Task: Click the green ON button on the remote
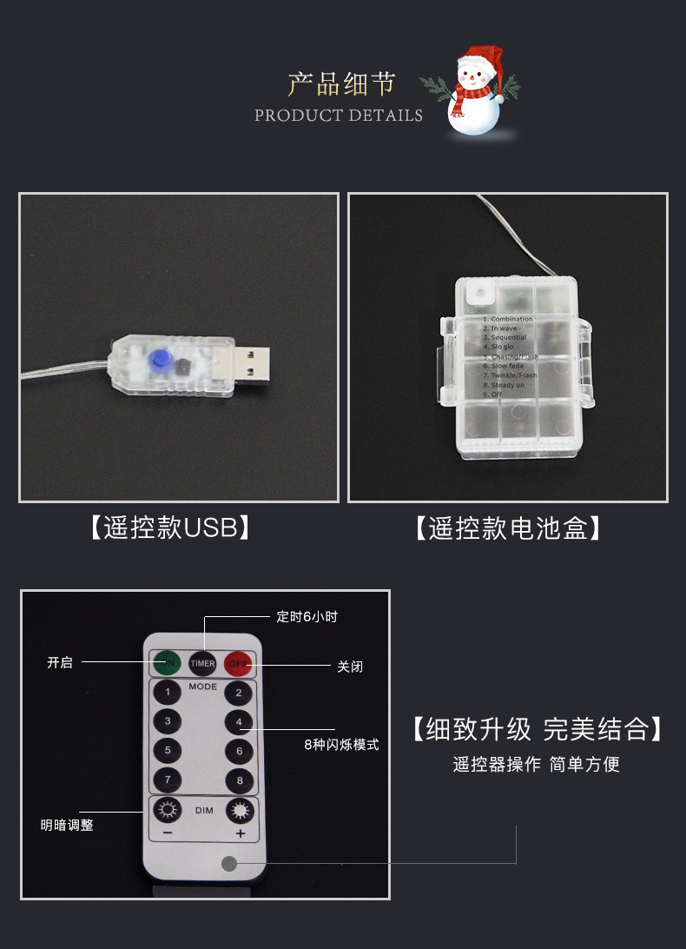tap(168, 664)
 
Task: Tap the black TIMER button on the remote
tap(203, 664)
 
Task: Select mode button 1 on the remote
tap(167, 693)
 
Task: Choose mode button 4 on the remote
tap(239, 722)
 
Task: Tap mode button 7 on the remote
tap(167, 780)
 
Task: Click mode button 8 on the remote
tap(240, 780)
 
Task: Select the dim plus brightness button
tap(240, 812)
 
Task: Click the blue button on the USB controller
tap(157, 359)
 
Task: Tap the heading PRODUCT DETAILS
tap(339, 116)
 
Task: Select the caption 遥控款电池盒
tap(508, 528)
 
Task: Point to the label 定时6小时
tap(307, 617)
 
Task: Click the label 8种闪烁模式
tap(341, 745)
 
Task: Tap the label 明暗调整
tap(67, 826)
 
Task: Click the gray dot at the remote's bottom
tap(229, 864)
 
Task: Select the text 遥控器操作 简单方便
tap(536, 765)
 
